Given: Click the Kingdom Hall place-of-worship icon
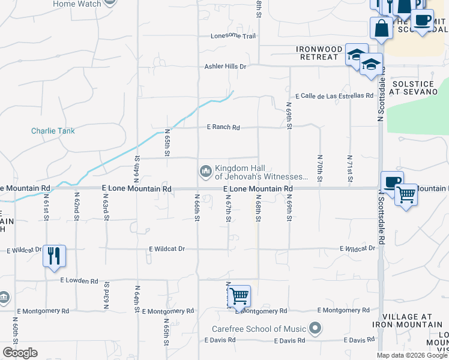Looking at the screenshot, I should point(206,172).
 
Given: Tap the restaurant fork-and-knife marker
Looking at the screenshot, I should point(54,256).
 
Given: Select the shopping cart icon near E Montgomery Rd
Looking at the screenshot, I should point(239,295).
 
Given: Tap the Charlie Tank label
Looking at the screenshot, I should point(53,131).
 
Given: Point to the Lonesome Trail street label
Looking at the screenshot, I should point(233,36).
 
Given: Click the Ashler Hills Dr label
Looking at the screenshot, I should point(226,67).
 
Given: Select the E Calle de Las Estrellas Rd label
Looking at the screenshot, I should point(334,96).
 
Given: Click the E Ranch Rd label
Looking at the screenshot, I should point(223,127).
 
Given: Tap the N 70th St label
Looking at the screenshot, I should point(320,169).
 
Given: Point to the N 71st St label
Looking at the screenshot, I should point(349,169).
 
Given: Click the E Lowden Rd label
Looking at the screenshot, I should point(79,281).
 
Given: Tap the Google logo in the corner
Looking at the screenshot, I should point(20,353).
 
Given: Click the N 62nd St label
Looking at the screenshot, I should point(76,206).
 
